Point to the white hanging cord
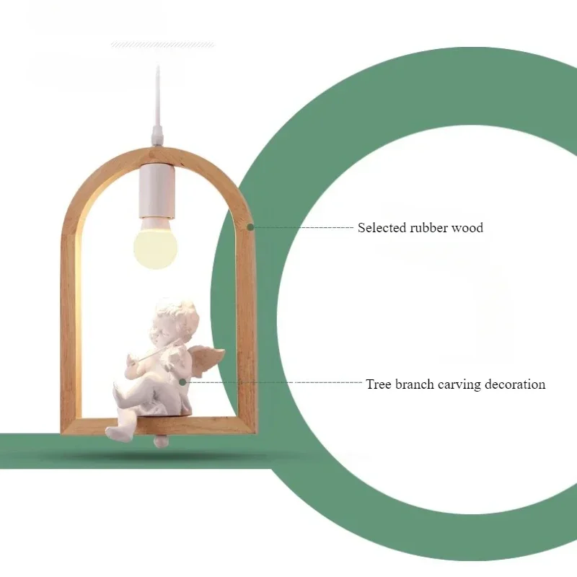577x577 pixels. pos(157,101)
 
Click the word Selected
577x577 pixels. pos(382,228)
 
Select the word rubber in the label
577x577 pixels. pos(429,228)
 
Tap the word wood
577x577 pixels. pos(467,228)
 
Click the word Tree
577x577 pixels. pos(378,384)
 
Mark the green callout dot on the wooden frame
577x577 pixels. pos(250,226)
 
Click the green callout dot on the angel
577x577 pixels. pos(183,382)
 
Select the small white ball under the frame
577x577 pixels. pos(161,440)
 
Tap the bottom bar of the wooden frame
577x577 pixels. pos(216,426)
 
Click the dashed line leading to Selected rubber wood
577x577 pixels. pos(303,227)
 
